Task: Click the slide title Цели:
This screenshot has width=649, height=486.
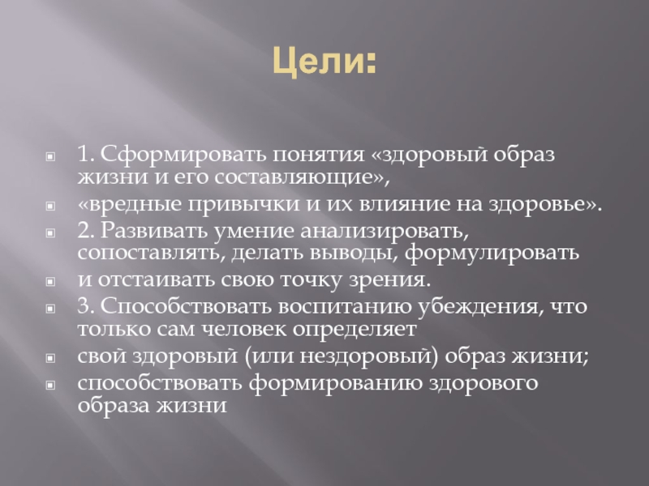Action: coord(324,60)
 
